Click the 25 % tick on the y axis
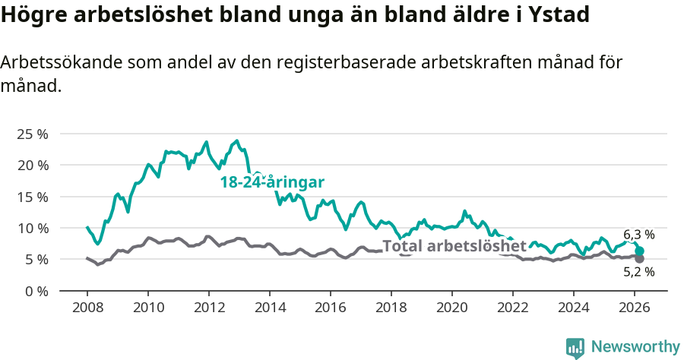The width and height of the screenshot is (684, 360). tap(33, 134)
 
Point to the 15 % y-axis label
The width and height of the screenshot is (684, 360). tap(33, 197)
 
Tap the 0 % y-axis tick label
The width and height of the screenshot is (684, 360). tap(36, 291)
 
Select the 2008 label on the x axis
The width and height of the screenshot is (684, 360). tap(87, 308)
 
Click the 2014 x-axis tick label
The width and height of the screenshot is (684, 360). tap(270, 308)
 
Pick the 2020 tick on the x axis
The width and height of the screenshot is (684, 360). tap(452, 308)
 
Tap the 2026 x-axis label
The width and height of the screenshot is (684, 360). tap(635, 308)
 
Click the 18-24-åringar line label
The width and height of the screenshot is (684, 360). tap(272, 182)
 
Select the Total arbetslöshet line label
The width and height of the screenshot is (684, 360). tap(454, 246)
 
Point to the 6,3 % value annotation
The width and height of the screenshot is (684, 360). tap(638, 235)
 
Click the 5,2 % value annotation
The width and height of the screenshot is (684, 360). tap(638, 271)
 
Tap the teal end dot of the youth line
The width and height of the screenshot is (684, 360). tap(640, 251)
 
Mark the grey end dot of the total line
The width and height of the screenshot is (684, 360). tap(640, 258)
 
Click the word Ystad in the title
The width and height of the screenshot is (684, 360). tap(562, 15)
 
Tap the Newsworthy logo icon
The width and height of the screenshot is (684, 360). tap(575, 348)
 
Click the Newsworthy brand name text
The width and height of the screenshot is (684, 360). tap(635, 347)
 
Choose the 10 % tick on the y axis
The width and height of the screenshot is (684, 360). tap(33, 228)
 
